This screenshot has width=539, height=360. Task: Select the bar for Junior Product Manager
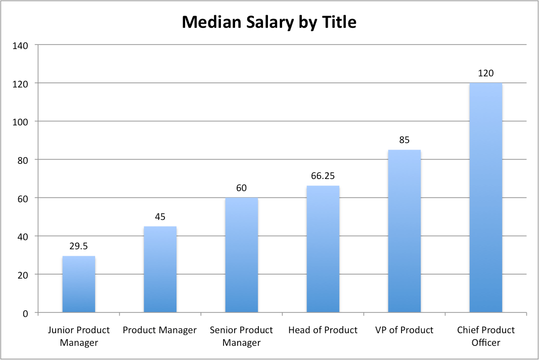[x=78, y=284]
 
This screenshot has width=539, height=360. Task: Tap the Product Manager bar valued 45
[x=160, y=269]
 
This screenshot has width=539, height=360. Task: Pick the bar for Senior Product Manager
[x=241, y=255]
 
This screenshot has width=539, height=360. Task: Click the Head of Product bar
[x=323, y=249]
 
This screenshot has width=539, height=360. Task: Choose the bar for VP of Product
[x=404, y=231]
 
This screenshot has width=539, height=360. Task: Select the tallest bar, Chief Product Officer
[x=485, y=198]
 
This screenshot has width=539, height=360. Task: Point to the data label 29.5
[x=78, y=246]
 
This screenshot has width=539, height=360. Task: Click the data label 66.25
[x=323, y=176]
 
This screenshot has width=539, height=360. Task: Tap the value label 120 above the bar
[x=485, y=73]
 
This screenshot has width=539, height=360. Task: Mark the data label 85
[x=404, y=140]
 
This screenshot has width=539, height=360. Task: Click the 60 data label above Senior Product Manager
[x=241, y=188]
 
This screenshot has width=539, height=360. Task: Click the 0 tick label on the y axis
[x=25, y=313]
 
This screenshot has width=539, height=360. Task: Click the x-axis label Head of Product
[x=323, y=330]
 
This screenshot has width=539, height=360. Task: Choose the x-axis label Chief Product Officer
[x=485, y=336]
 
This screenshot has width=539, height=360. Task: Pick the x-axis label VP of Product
[x=404, y=330]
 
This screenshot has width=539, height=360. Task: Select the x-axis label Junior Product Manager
[x=78, y=336]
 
